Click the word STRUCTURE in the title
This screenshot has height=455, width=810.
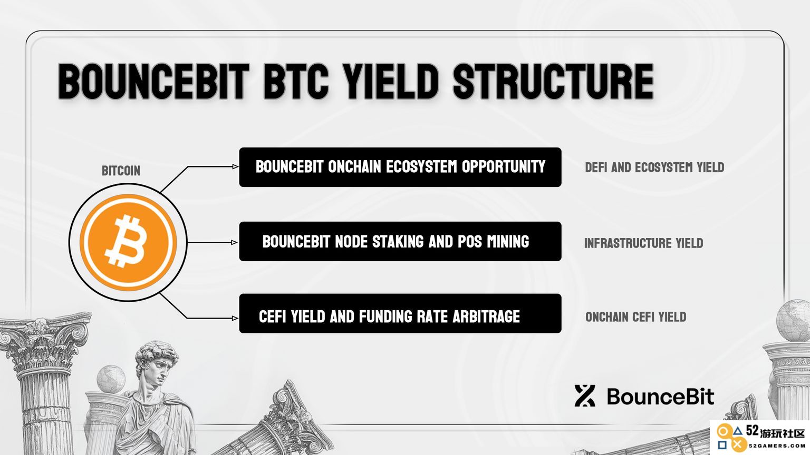tap(553, 81)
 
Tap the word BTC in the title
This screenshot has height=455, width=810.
tap(296, 81)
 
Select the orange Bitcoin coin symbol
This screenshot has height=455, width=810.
tap(128, 242)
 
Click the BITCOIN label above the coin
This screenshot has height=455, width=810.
tap(121, 171)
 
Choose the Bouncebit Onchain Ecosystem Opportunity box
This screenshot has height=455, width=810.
tap(400, 167)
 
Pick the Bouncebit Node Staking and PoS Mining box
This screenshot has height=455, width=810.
tap(400, 242)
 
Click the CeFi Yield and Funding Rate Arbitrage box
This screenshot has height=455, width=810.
tap(400, 313)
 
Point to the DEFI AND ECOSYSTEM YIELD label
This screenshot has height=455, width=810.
tap(654, 167)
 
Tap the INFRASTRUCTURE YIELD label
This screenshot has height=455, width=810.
tap(644, 243)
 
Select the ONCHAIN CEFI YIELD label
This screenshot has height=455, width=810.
tap(635, 317)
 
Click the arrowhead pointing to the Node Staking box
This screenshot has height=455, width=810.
tap(234, 243)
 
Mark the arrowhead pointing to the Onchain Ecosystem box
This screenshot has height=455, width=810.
tap(235, 166)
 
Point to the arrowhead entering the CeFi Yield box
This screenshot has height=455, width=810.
tap(235, 318)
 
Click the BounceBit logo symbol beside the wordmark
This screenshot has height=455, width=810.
tap(585, 396)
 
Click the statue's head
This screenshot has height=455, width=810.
tap(156, 365)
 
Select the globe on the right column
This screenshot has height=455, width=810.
tap(793, 320)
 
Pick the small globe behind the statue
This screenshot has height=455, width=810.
tap(111, 379)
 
